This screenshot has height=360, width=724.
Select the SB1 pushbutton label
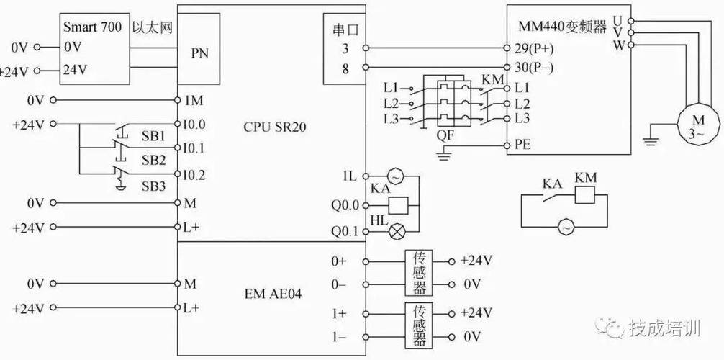[153, 137]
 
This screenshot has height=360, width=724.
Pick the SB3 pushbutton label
[153, 186]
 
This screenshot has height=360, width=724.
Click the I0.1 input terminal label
[194, 149]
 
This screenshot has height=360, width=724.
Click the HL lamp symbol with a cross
[397, 230]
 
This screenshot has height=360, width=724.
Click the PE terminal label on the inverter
[523, 145]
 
